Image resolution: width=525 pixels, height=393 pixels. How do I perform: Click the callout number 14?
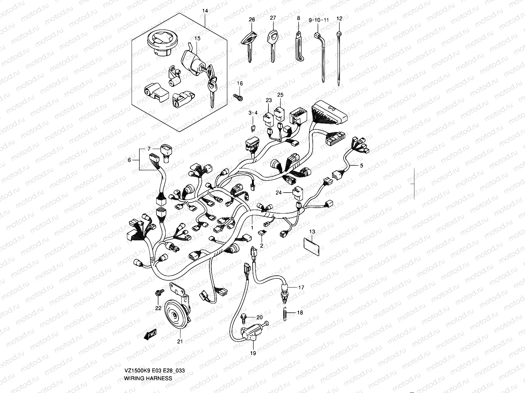coord(205,11)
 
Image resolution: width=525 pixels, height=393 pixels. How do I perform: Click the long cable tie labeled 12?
coord(339,56)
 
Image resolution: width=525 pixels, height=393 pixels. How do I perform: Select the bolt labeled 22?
coord(159,292)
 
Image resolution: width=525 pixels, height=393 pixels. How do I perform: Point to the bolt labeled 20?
coord(245,317)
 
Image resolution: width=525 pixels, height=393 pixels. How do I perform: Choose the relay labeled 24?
coord(297,193)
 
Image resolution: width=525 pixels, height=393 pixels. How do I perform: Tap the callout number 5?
coord(362,166)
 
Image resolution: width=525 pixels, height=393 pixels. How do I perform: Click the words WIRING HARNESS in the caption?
coord(148,378)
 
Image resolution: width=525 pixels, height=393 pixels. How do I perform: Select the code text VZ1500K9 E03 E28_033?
coord(154,371)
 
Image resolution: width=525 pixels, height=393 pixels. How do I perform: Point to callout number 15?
coord(197,38)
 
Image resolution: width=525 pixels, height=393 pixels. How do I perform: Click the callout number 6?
coord(129,160)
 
